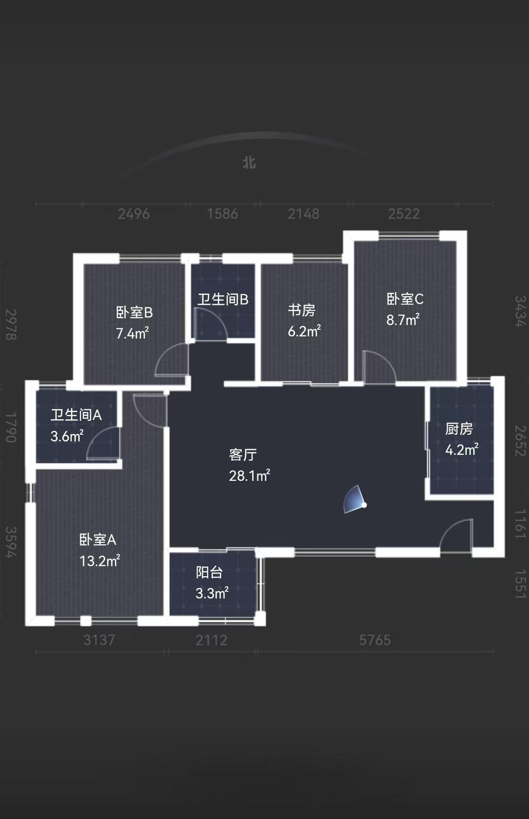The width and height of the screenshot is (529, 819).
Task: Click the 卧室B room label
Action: coord(134,312)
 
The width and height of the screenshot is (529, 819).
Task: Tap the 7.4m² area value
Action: coord(133,333)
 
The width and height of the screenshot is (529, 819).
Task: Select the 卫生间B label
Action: coord(223,299)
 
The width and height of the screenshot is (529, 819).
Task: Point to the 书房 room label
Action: coord(301,310)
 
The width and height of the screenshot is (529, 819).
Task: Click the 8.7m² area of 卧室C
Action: coord(403,320)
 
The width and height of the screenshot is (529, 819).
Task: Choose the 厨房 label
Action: coord(459,429)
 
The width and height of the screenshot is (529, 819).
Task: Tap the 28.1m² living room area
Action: coord(250,476)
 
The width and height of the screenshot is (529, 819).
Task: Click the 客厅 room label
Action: coord(243,454)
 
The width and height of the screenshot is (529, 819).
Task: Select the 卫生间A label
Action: coord(76,415)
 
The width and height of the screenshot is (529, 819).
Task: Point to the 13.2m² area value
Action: coord(100,561)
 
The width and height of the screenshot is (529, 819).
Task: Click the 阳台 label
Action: coord(209,573)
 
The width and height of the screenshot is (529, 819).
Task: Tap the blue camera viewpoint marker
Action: coord(355,500)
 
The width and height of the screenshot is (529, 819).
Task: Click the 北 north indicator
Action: coord(249,163)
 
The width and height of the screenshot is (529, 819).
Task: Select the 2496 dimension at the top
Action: coord(134,214)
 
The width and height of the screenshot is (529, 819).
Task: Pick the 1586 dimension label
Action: coord(222,214)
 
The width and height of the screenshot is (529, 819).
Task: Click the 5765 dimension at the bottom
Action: coord(375,640)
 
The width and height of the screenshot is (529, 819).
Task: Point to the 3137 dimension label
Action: coord(99,640)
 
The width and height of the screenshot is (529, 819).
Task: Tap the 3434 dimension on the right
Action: coord(520,311)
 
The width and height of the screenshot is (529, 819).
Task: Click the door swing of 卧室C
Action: coord(379,366)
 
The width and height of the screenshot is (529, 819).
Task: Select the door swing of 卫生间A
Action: coord(103,443)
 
